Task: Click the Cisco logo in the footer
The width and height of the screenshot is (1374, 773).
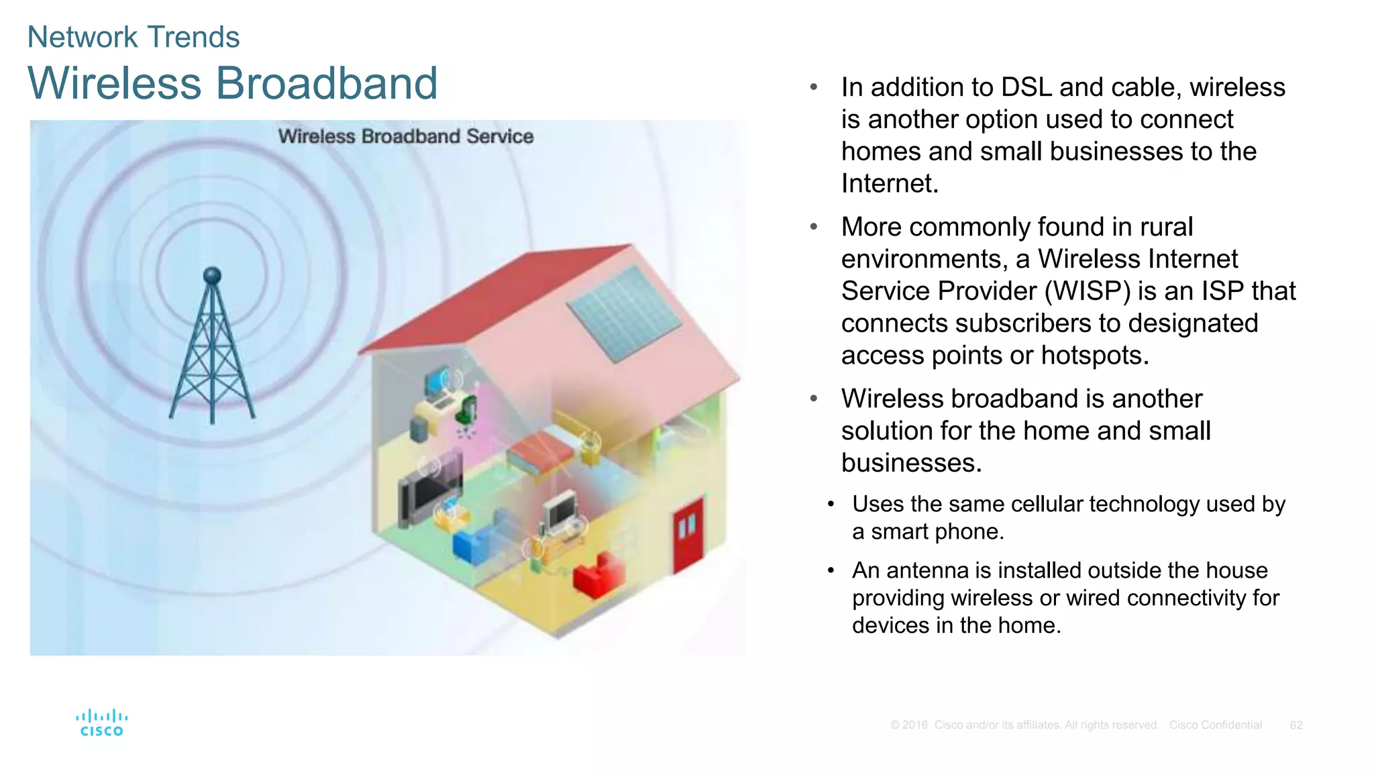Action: click(101, 723)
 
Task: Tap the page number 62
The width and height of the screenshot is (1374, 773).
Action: click(1296, 725)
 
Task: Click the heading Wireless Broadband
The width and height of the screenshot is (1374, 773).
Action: click(232, 83)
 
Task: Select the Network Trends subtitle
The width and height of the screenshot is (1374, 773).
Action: click(133, 37)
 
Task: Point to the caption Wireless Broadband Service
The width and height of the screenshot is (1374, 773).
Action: click(405, 136)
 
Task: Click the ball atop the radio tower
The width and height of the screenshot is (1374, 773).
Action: click(212, 275)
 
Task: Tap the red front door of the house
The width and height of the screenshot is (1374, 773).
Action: click(688, 534)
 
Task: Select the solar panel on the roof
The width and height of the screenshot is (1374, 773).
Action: click(624, 313)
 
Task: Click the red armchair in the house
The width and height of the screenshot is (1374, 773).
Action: click(598, 574)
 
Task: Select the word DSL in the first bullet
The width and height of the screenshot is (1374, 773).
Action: click(1026, 87)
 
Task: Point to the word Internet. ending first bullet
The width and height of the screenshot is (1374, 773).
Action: click(889, 184)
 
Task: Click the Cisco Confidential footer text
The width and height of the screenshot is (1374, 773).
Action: click(1215, 725)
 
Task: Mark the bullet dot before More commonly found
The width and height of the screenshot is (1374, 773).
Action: click(813, 227)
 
